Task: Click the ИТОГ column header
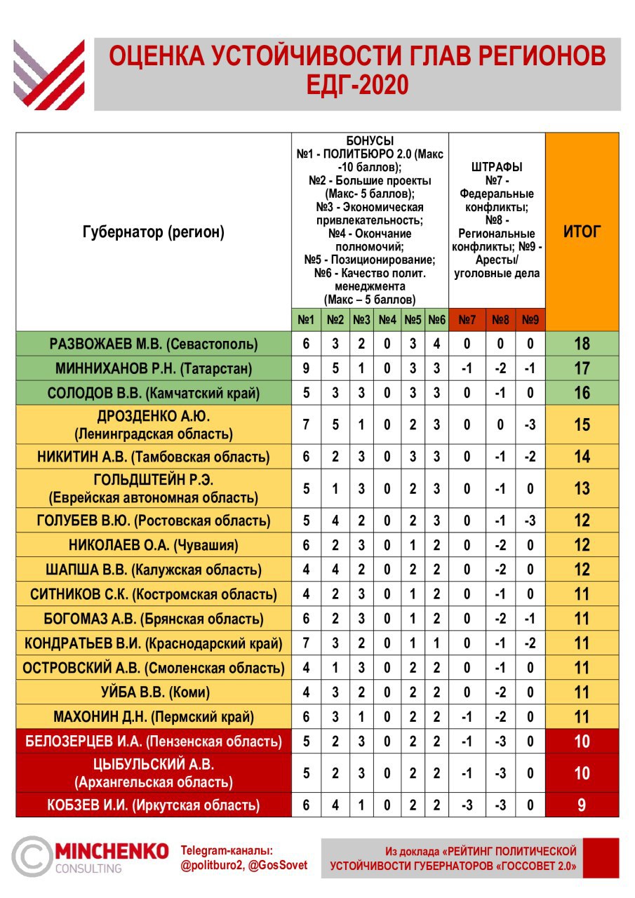(582, 232)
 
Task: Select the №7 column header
(467, 320)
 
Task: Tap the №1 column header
(306, 320)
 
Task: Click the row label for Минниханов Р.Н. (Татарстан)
(154, 368)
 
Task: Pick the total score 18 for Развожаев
(582, 344)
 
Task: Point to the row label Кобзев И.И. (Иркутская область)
(154, 805)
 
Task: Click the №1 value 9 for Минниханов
(306, 368)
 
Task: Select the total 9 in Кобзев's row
(582, 805)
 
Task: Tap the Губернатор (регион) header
(154, 232)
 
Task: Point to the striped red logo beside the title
(49, 74)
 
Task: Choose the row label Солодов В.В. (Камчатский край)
(154, 393)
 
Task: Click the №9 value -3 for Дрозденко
(530, 425)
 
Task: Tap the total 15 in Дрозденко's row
(582, 425)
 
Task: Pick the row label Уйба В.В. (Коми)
(154, 692)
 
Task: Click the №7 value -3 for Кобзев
(467, 805)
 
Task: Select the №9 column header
(530, 320)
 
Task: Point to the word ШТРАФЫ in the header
(497, 167)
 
